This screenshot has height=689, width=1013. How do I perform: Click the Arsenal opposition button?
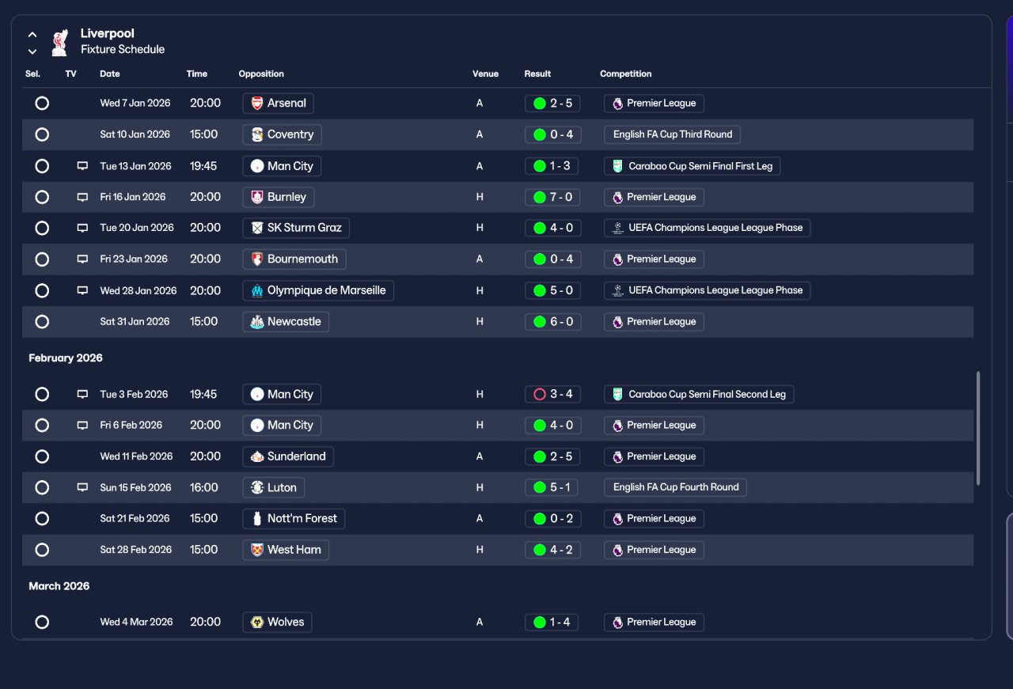pos(278,103)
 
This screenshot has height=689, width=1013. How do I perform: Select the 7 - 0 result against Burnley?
pos(552,197)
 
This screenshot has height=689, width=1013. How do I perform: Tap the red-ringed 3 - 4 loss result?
pos(552,394)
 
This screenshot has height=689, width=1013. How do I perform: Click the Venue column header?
pos(485,74)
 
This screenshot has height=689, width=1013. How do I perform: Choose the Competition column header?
pos(625,74)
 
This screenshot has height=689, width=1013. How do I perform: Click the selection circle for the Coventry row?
pos(42,134)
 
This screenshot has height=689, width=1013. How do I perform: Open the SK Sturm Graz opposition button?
pos(296,228)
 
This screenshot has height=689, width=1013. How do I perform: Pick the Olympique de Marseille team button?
pos(318,290)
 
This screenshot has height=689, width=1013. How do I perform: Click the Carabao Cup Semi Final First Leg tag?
pos(692,166)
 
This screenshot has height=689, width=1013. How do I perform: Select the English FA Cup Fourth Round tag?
pos(675,487)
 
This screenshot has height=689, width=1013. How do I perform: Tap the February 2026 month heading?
pos(66,358)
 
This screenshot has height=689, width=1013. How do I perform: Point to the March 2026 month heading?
pos(59,586)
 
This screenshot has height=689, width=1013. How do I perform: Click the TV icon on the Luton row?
pos(82,487)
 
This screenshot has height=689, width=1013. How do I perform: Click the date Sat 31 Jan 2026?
pos(135,321)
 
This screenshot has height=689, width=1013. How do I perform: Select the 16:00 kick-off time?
pos(204,487)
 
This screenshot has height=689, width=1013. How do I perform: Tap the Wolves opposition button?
pos(277,622)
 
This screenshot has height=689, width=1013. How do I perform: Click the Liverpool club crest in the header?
pos(59,43)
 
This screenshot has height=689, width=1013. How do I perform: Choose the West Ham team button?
pos(286,550)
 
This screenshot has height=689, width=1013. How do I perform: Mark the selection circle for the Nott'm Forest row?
pos(42,519)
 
